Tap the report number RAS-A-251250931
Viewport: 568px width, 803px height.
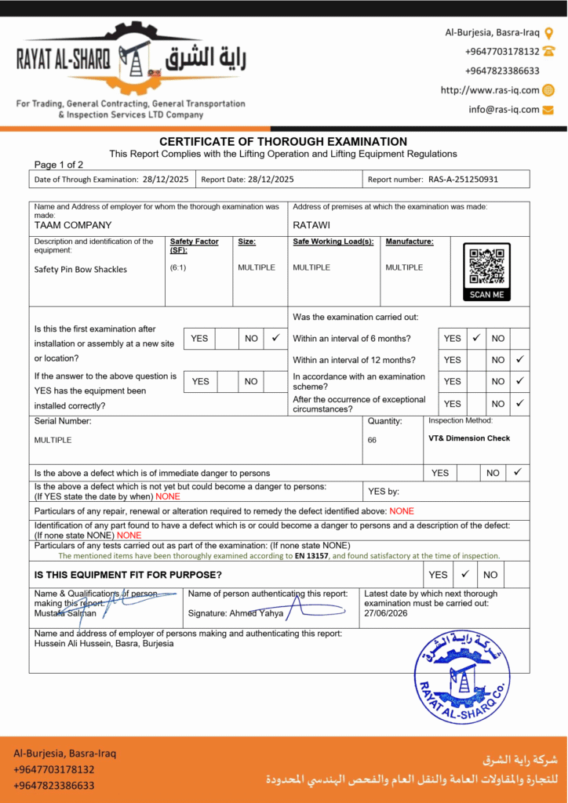(463, 180)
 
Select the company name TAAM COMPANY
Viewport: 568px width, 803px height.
(73, 225)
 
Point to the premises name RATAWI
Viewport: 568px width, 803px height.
(311, 225)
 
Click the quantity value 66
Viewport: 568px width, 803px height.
(372, 440)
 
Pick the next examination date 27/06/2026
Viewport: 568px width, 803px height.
(387, 614)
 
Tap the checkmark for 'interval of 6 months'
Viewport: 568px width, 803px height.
(475, 338)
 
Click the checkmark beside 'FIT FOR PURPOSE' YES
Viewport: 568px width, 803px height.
(464, 574)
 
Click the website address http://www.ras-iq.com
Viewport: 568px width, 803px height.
(490, 90)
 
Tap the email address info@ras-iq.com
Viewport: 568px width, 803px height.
(504, 110)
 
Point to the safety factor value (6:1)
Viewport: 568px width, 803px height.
(178, 267)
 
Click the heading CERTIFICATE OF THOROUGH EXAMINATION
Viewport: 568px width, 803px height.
(283, 142)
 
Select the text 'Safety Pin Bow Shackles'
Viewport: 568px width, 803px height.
(81, 269)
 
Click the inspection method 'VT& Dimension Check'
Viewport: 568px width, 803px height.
(469, 438)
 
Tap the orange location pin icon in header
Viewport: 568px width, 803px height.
(548, 33)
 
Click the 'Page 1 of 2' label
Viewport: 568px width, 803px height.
(59, 165)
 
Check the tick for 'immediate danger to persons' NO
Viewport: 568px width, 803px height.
(517, 472)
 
